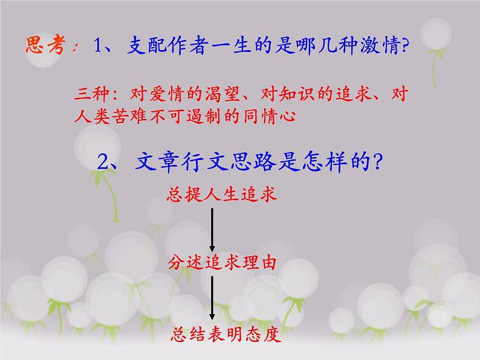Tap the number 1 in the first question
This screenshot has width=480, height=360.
click(100, 46)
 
